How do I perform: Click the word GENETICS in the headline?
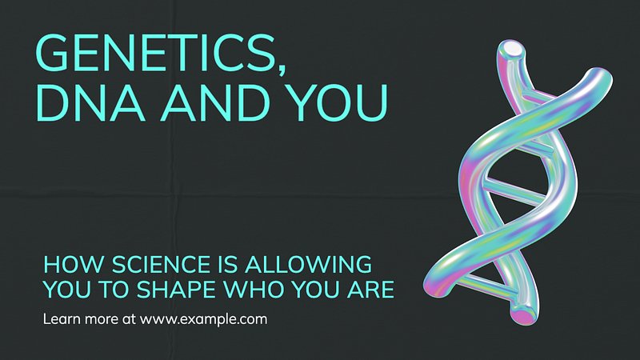click(155, 52)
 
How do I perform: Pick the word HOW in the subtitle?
click(74, 265)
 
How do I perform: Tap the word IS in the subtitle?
click(228, 265)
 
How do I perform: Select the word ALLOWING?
click(309, 265)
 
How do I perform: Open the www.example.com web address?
click(203, 318)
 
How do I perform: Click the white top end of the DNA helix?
click(512, 49)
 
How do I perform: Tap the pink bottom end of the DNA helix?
click(522, 315)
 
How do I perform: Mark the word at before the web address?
click(129, 319)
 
